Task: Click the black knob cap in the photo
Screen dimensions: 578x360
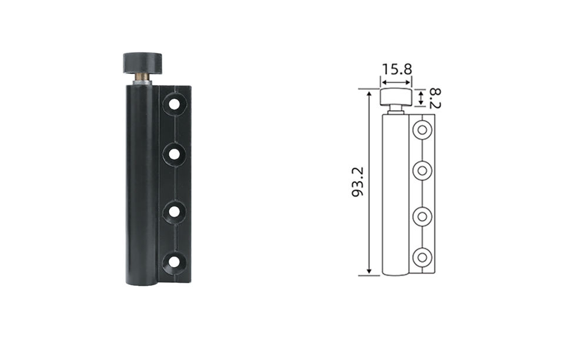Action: [x=142, y=64]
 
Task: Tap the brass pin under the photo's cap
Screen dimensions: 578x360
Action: [x=142, y=76]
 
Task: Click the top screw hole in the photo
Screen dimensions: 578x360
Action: [x=175, y=104]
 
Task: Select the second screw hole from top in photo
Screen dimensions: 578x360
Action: [x=175, y=154]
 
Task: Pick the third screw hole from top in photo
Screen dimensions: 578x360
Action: [x=175, y=212]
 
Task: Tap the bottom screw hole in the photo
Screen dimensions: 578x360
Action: [x=175, y=262]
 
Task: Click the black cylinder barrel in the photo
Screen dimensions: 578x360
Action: [x=142, y=185]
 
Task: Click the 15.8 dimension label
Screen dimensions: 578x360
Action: [x=397, y=69]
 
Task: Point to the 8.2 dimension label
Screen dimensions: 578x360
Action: [x=435, y=98]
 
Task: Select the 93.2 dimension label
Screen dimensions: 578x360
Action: [x=358, y=182]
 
